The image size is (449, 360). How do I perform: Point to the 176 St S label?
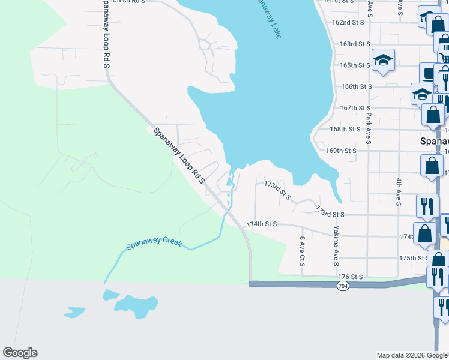[x=351, y=277]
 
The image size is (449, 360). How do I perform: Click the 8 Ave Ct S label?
[x=302, y=252]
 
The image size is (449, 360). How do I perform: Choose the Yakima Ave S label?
[x=337, y=246]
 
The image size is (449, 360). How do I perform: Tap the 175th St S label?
[x=415, y=258]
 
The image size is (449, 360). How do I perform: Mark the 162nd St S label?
[x=349, y=22]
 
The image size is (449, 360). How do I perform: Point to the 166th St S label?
[x=356, y=86]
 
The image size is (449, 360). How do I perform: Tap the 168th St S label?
[x=345, y=129]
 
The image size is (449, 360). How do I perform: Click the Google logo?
[x=20, y=353]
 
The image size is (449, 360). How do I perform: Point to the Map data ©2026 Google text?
[x=411, y=355]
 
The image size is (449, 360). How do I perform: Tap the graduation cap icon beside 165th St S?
[x=383, y=59]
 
